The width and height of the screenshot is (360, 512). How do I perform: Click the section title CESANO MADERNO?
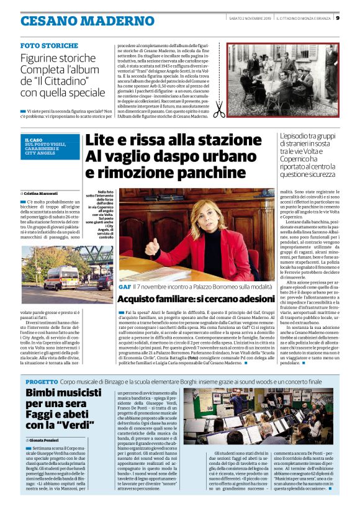79,20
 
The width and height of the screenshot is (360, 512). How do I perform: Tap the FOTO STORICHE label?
49,46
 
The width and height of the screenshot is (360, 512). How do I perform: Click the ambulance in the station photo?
60,277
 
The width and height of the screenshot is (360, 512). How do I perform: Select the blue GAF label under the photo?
125,287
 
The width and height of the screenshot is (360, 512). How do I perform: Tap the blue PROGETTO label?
42,363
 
